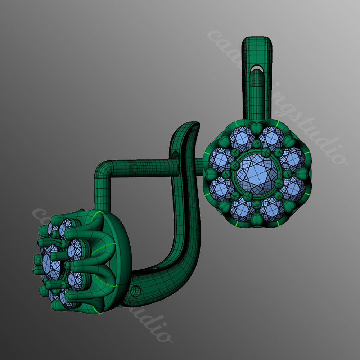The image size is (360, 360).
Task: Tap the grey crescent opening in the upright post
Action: click(x=257, y=67)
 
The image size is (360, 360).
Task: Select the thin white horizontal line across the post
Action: click(x=257, y=58)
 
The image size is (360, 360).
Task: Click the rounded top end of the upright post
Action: click(x=257, y=40)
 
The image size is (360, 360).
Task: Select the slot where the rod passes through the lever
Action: click(x=175, y=156)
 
